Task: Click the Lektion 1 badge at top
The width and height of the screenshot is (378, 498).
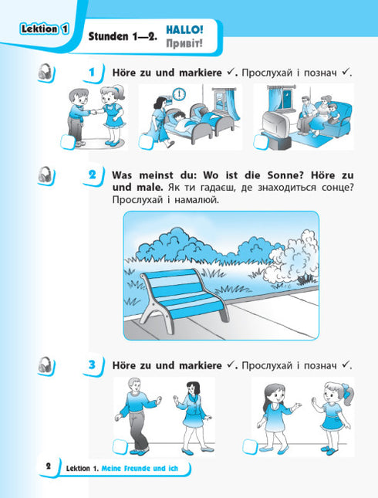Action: coord(42,29)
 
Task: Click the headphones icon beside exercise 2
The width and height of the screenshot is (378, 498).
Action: coord(49,174)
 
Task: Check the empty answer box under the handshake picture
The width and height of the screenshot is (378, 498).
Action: coord(63,140)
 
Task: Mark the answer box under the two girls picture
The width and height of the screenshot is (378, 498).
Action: coord(251,446)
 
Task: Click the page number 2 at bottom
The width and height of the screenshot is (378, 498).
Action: coord(48,466)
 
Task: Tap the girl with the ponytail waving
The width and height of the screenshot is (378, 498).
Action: coord(332,417)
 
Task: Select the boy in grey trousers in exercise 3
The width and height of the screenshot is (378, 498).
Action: coord(137,417)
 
